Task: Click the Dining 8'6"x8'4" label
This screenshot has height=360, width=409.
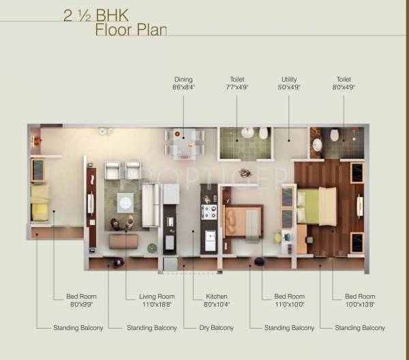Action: (183, 83)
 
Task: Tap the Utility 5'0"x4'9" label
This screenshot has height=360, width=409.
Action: (289, 83)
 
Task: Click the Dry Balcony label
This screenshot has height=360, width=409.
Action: (216, 328)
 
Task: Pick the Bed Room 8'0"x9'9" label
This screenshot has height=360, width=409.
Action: (81, 301)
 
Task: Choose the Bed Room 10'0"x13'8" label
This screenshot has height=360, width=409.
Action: (360, 301)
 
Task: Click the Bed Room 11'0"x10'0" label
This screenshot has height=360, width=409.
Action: (289, 301)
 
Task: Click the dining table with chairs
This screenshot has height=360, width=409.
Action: (184, 144)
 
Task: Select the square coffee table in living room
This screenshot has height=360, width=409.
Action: (125, 201)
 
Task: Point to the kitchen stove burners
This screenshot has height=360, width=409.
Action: (209, 211)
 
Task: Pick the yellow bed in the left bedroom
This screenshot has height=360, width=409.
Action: (40, 202)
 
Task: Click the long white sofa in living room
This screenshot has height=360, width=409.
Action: (150, 205)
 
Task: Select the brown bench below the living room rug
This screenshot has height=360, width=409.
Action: (123, 241)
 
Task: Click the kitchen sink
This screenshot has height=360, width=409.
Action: (210, 240)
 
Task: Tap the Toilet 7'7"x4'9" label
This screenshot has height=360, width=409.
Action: (237, 83)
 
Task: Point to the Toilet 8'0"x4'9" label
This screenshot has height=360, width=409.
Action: (343, 83)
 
